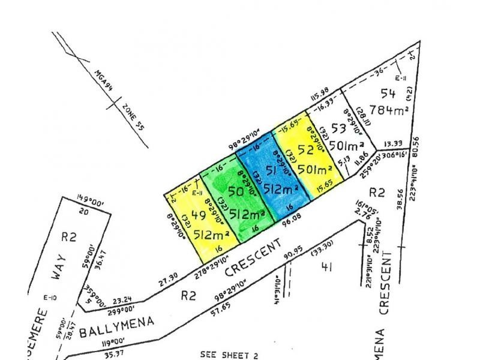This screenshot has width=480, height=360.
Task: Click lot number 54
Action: tap(388, 92)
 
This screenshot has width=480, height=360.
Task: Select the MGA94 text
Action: tap(102, 82)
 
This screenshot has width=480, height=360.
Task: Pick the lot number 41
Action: tap(327, 265)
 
